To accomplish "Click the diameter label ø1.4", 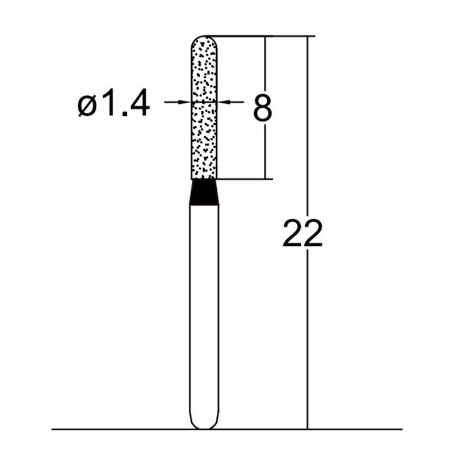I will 114,104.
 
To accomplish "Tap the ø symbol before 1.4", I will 89,105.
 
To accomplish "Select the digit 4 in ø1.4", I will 138,104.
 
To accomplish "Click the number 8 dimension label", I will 262,108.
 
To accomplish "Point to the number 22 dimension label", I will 302,233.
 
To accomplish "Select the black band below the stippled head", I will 204,192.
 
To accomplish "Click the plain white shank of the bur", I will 204,312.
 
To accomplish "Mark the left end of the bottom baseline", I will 53,429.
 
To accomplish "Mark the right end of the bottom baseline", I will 401,429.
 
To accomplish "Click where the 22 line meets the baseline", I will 308,429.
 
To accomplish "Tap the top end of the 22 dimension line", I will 308,36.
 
